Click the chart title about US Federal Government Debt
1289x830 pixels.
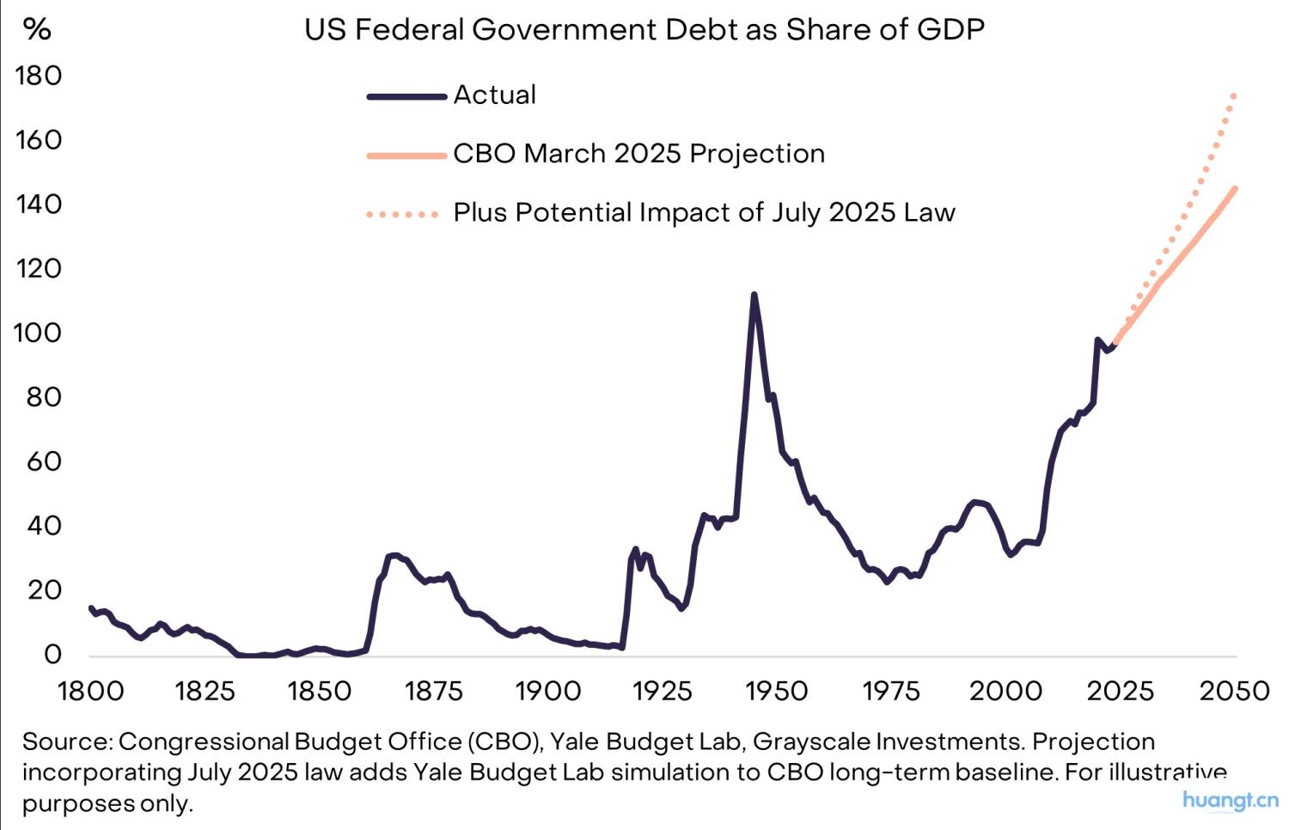coord(644,30)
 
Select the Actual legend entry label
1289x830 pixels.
coord(495,95)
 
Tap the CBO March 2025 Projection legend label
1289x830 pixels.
coord(638,154)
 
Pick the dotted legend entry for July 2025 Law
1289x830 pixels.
coord(704,212)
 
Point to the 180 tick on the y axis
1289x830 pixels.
coord(39,76)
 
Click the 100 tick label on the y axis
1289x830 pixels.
coord(39,333)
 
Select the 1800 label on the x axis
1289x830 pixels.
coord(90,691)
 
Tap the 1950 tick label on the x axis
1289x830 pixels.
coord(777,691)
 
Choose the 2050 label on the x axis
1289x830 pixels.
coord(1234,691)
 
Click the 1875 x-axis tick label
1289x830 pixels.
coord(434,691)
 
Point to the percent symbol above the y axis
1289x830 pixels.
coord(37,29)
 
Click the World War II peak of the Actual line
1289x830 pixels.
coord(754,295)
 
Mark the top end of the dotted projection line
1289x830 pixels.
coord(1234,95)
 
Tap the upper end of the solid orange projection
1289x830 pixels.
coord(1235,188)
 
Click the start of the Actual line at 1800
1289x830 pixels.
coord(91,608)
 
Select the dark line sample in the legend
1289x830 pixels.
coord(406,96)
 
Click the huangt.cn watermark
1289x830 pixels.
coord(1230,800)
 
